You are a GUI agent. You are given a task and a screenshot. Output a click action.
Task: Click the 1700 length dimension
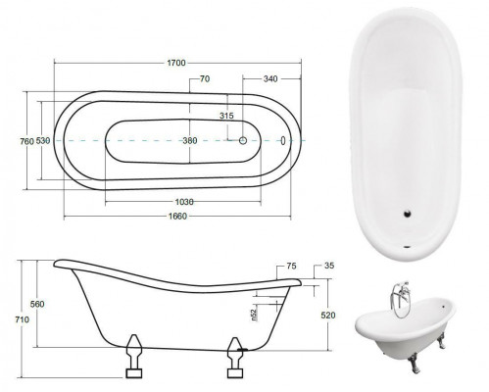[177, 63]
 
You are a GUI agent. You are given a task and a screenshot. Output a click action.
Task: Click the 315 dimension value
[226, 117]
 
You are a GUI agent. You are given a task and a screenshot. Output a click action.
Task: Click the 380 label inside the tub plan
[189, 141]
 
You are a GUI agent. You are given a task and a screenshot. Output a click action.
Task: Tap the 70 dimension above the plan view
[205, 78]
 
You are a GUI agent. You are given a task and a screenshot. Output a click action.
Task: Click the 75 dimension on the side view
[291, 266]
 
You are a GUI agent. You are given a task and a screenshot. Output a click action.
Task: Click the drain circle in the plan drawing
[244, 141]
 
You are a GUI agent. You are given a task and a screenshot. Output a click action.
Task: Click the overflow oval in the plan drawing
[283, 140]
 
